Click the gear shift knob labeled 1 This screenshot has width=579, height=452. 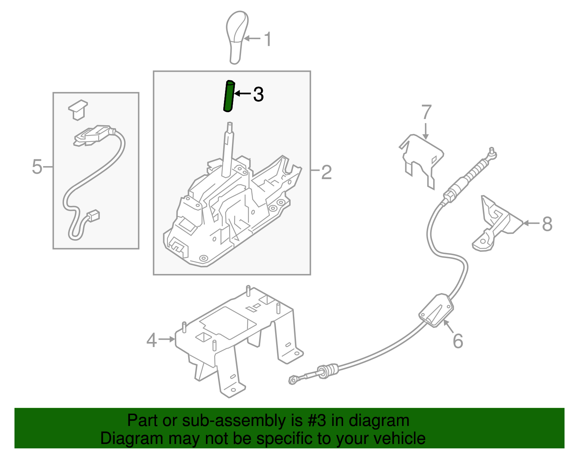point(236,36)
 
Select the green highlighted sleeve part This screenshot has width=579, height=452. point(229,96)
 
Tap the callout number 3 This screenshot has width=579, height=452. point(258,94)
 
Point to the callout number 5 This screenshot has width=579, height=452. point(37,167)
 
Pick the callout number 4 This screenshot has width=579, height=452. point(152,340)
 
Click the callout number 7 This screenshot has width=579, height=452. point(427,112)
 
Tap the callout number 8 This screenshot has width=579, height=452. point(547,224)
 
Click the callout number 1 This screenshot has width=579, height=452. point(267,39)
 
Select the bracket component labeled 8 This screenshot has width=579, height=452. point(496,224)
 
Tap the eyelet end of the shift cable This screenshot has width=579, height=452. point(293,380)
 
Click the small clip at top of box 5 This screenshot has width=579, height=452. point(78,109)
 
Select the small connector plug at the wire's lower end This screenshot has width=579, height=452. point(94,216)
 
